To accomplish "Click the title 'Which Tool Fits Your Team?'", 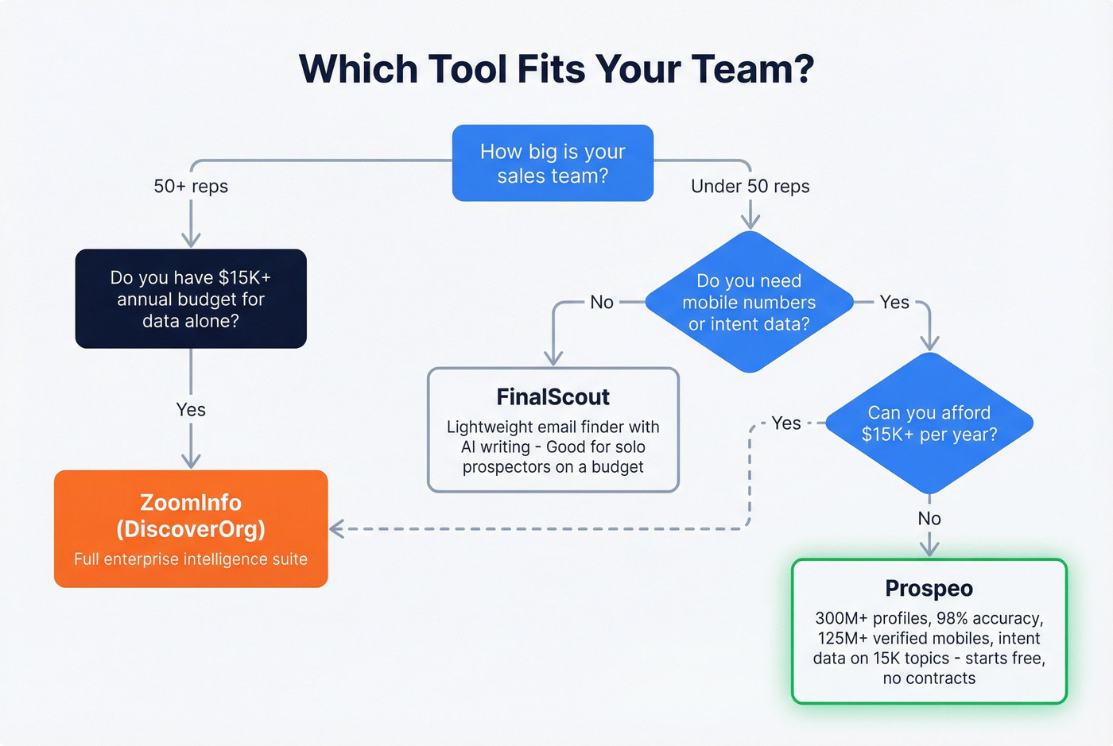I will [x=556, y=69].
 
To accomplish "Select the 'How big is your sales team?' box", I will [x=553, y=163].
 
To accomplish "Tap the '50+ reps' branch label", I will [x=191, y=186].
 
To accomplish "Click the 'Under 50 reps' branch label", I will [x=750, y=186].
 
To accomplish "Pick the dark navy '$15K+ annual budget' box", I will [x=191, y=299].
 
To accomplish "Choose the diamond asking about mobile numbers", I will [x=749, y=302].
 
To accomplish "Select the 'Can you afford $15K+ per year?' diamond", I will [x=929, y=423].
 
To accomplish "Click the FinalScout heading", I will [x=553, y=396].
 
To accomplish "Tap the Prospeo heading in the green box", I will [x=929, y=588].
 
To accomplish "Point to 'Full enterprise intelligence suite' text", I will [x=191, y=559].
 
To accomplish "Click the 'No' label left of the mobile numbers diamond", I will [x=602, y=302].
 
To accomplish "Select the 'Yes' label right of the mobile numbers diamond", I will [x=894, y=302].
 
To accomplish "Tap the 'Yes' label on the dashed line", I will [x=785, y=423].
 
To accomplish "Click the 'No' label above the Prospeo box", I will [x=929, y=519].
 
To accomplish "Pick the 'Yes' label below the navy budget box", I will [x=191, y=410].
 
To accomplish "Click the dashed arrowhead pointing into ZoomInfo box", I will [x=336, y=528].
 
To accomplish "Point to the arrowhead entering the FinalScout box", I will [x=553, y=359].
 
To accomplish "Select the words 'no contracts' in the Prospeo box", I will [x=929, y=678].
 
